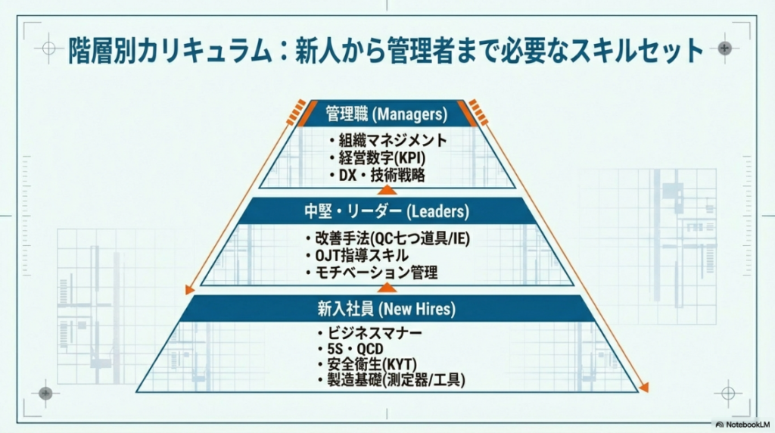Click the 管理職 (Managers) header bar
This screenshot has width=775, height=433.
pyautogui.click(x=387, y=114)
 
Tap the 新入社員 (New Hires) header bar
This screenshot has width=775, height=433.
pyautogui.click(x=387, y=308)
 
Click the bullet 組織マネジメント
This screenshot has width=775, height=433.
pyautogui.click(x=388, y=140)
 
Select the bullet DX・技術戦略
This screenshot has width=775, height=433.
pyautogui.click(x=378, y=175)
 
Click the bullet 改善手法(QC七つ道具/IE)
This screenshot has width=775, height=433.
pyautogui.click(x=387, y=238)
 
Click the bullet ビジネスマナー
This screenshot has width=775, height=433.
pyautogui.click(x=369, y=333)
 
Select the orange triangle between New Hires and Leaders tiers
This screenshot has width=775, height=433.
pyautogui.click(x=387, y=288)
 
